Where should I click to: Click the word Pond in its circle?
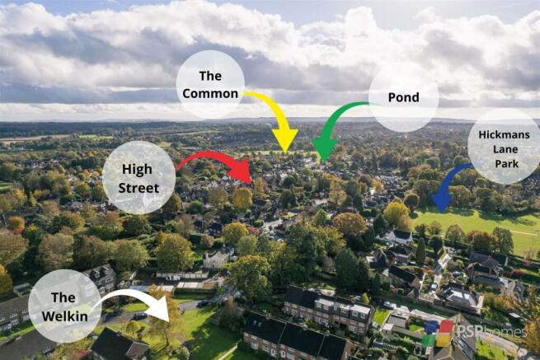click(404, 97)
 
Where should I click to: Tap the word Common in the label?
click(210, 94)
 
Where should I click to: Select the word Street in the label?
click(139, 188)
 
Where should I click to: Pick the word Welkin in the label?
click(65, 316)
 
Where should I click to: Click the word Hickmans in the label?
click(505, 134)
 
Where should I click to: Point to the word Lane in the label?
click(505, 149)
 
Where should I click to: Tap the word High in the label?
click(137, 170)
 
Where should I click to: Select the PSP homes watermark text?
click(492, 331)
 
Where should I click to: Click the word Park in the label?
click(506, 164)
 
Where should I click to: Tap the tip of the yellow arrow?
click(285, 153)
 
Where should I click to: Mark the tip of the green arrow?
click(324, 161)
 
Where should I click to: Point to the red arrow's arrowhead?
click(252, 183)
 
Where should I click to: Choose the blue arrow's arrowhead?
click(442, 213)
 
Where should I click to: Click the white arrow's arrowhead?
click(169, 321)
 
